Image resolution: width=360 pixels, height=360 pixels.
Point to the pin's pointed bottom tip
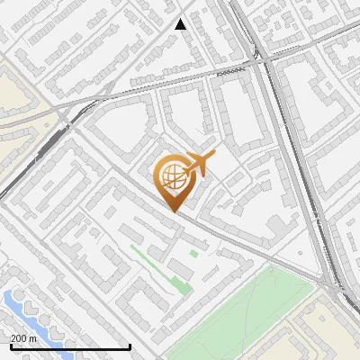(173, 211)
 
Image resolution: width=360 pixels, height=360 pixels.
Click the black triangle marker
(181, 24)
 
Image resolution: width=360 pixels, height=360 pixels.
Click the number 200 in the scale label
(20, 337)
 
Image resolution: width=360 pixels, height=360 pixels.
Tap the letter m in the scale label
(33, 337)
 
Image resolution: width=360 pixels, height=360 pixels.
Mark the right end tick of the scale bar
(130, 346)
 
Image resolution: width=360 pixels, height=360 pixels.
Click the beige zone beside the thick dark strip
(18, 99)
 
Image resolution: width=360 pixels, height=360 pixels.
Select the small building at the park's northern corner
(193, 254)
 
